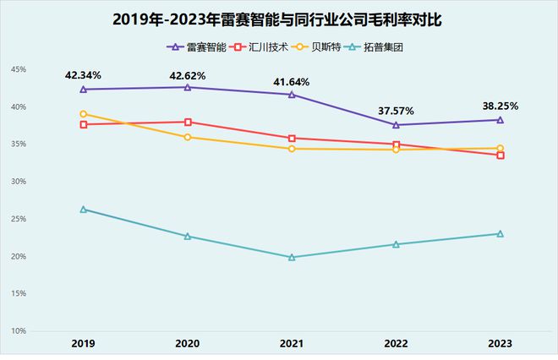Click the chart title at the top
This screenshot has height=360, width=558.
pyautogui.click(x=279, y=19)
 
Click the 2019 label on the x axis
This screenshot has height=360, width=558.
pyautogui.click(x=83, y=344)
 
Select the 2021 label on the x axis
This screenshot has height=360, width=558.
pyautogui.click(x=292, y=344)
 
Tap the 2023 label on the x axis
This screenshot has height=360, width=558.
pyautogui.click(x=500, y=344)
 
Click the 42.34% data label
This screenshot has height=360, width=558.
pyautogui.click(x=83, y=76)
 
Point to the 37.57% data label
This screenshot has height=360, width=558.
pyautogui.click(x=396, y=112)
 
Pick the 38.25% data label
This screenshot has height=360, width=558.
pyautogui.click(x=500, y=106)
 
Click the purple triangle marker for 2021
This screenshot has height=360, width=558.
pyautogui.click(x=292, y=95)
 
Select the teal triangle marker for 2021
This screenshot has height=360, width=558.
pyautogui.click(x=292, y=257)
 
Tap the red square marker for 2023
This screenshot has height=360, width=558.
pyautogui.click(x=501, y=155)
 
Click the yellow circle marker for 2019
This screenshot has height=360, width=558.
pyautogui.click(x=83, y=114)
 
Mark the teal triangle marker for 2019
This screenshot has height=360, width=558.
pyautogui.click(x=83, y=209)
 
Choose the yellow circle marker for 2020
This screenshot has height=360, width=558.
pyautogui.click(x=188, y=137)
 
